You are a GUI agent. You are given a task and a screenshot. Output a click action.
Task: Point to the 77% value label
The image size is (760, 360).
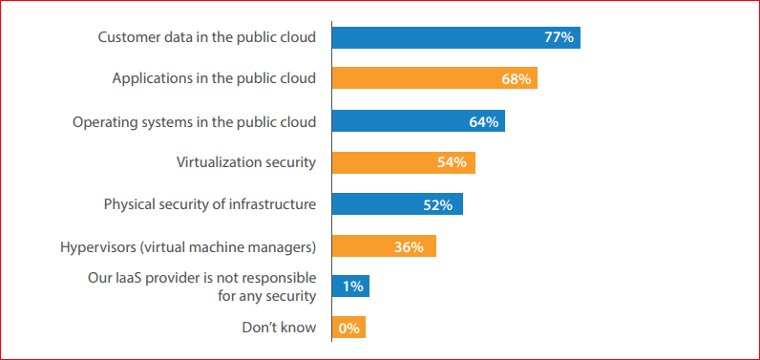[x=559, y=38]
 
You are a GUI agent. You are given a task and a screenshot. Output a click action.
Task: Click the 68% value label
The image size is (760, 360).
[x=516, y=79]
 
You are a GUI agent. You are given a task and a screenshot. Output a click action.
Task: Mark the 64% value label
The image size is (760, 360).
[x=483, y=121]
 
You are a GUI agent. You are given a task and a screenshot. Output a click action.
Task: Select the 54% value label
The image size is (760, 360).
[x=452, y=162]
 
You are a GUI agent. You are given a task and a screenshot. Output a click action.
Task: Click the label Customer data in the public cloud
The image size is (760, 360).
[x=206, y=37]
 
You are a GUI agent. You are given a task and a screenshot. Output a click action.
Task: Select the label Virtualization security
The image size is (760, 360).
[x=245, y=162]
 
